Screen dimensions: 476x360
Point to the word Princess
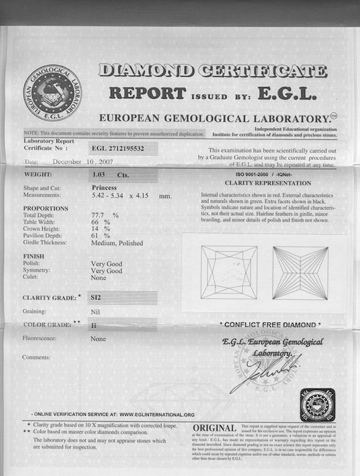click(104, 188)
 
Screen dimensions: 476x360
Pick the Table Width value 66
click(96, 222)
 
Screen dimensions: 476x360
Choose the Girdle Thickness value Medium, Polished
click(117, 243)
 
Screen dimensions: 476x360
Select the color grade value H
click(93, 325)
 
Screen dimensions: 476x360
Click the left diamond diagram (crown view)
click(228, 272)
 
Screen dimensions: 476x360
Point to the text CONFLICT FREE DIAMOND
click(270, 325)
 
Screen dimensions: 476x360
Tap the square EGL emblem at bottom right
click(317, 404)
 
